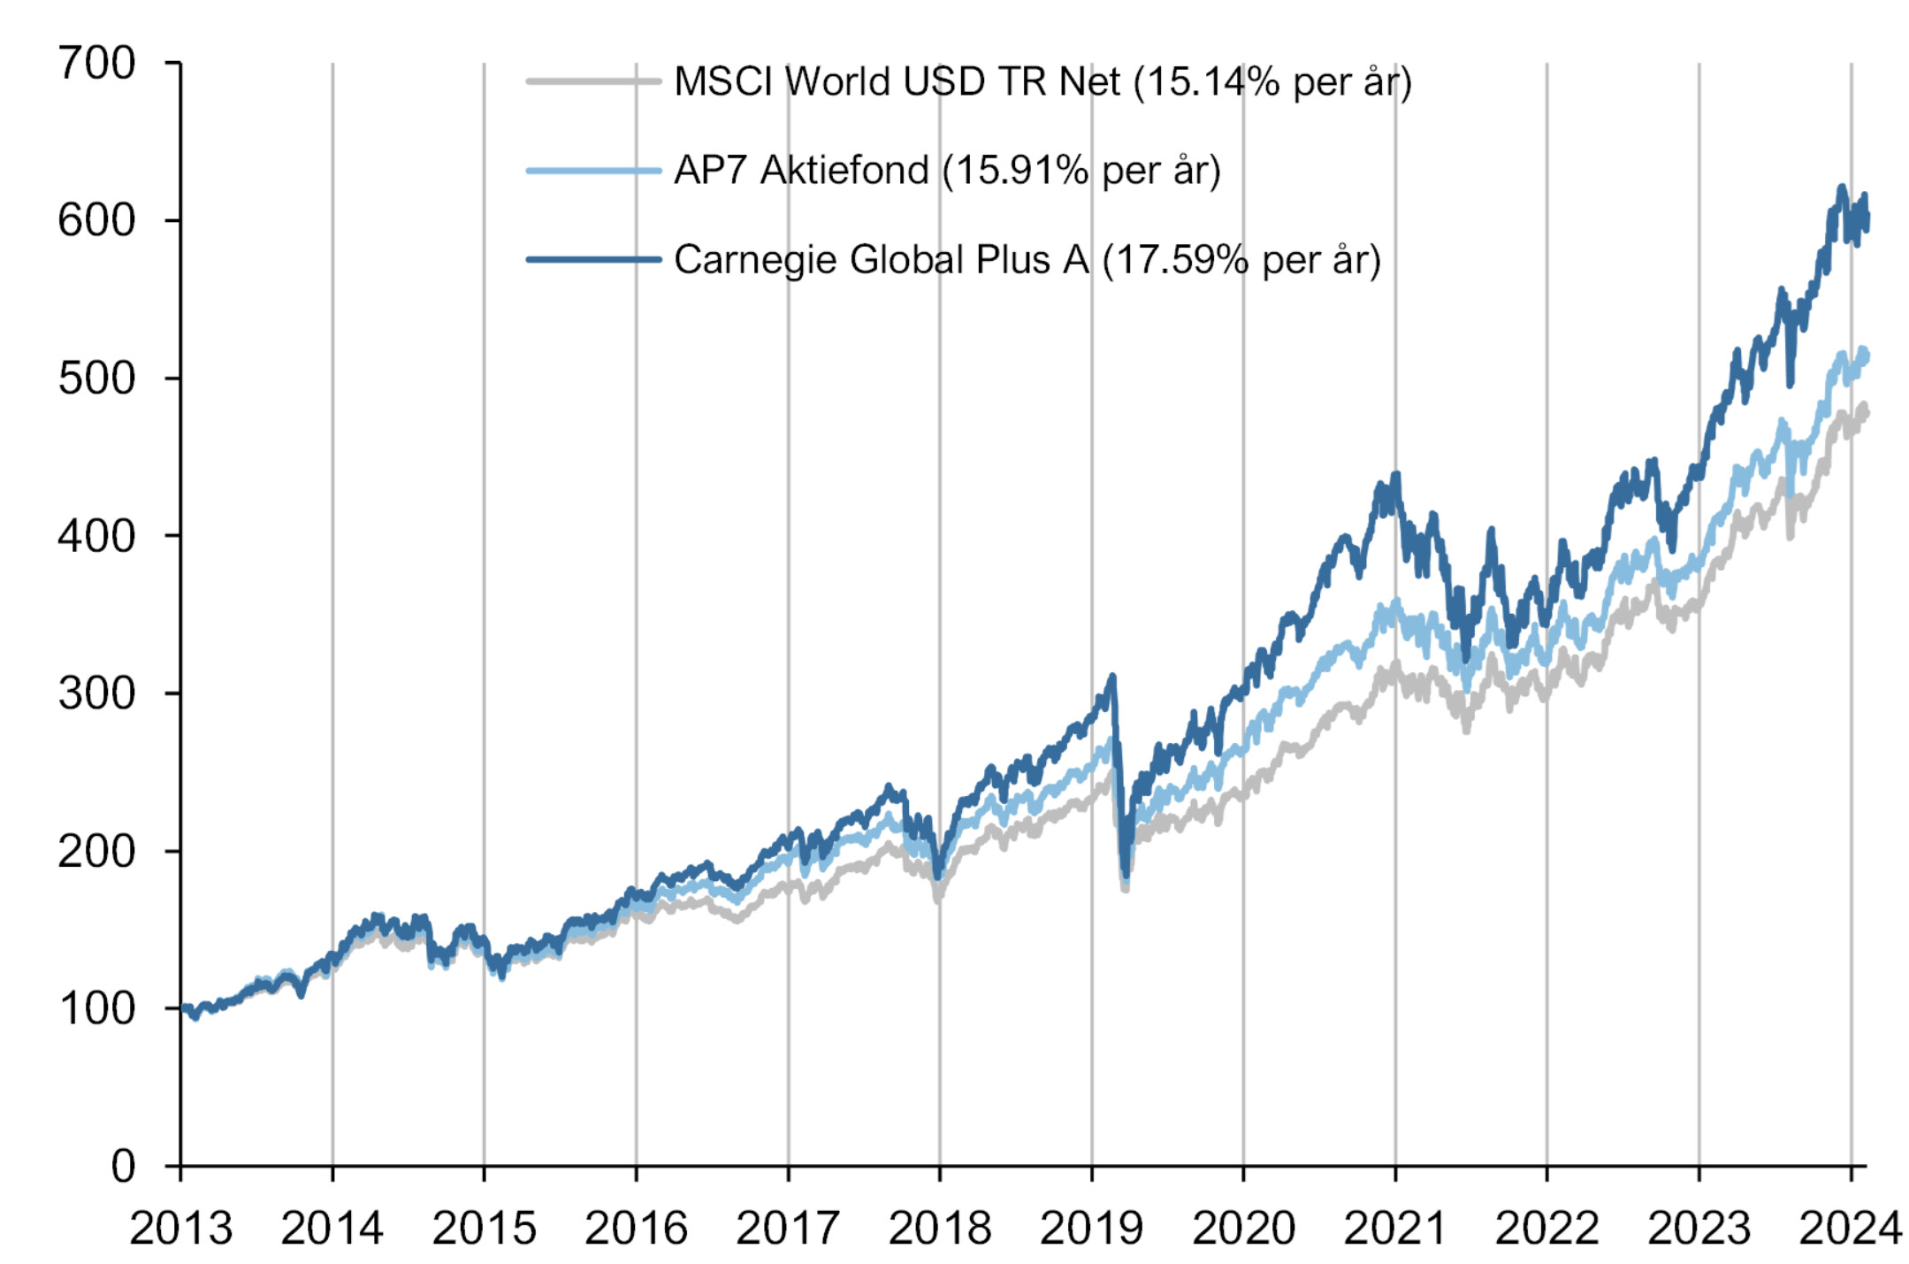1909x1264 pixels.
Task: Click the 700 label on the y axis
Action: click(x=96, y=64)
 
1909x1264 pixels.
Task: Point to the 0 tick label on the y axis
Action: click(x=123, y=1166)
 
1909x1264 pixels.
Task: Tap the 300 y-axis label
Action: click(x=96, y=693)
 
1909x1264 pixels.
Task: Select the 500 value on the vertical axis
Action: click(x=96, y=379)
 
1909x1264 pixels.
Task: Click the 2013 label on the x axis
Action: click(x=180, y=1228)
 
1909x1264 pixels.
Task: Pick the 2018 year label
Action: click(x=939, y=1228)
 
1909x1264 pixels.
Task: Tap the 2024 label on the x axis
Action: click(x=1850, y=1228)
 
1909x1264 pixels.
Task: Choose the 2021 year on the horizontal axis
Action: click(x=1394, y=1228)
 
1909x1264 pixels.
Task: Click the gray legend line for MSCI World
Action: click(x=593, y=81)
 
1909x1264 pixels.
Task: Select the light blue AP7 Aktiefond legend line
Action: click(x=593, y=171)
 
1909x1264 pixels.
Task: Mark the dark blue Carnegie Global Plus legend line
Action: click(x=593, y=259)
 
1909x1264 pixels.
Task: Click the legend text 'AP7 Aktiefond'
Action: click(x=800, y=171)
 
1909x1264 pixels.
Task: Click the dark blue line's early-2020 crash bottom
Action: click(x=1126, y=876)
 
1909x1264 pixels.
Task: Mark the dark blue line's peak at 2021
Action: click(x=1396, y=475)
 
